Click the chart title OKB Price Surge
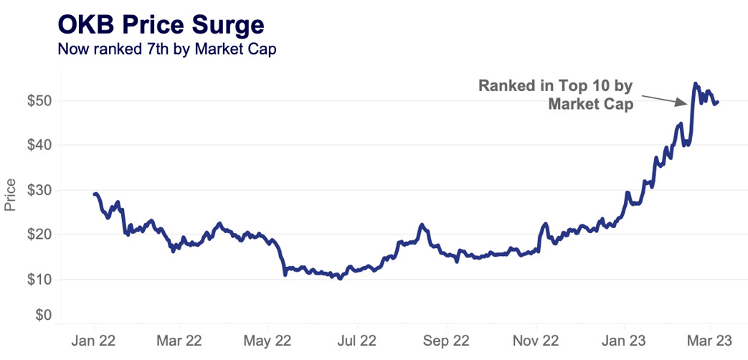[161, 25]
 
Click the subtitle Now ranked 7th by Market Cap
[166, 49]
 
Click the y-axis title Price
[10, 195]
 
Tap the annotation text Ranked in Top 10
[556, 87]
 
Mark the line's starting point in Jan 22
[95, 194]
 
